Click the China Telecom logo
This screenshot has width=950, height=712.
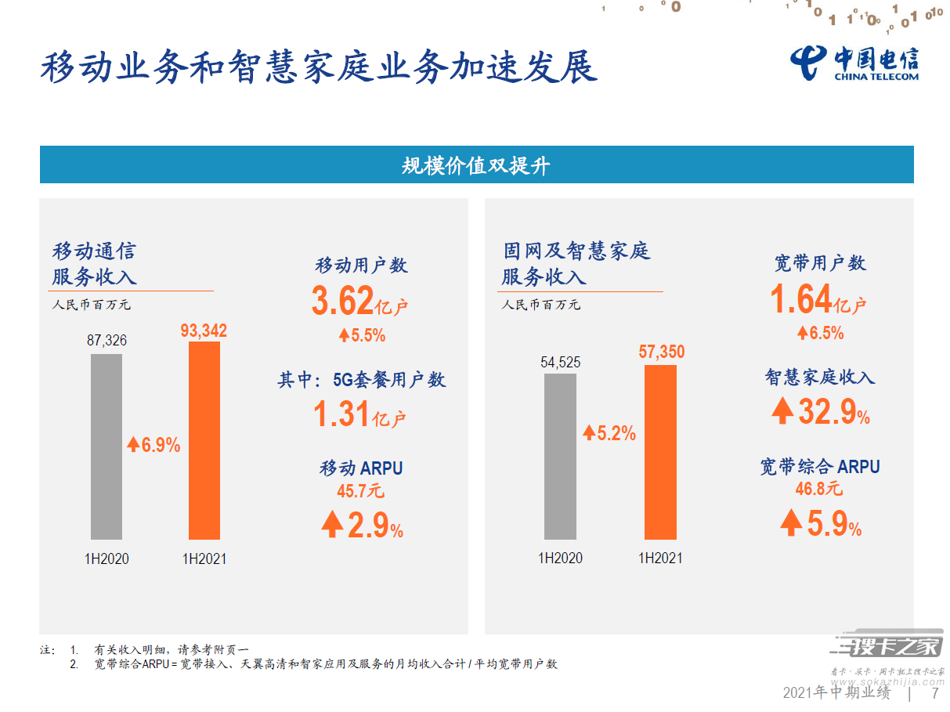click(x=854, y=64)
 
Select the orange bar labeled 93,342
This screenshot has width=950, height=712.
click(x=204, y=440)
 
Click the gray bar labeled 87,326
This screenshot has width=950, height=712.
click(x=106, y=446)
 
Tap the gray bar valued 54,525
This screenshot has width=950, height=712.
click(x=560, y=456)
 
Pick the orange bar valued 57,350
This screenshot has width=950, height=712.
click(x=660, y=452)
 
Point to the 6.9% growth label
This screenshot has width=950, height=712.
click(x=154, y=445)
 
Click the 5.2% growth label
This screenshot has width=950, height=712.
click(x=609, y=432)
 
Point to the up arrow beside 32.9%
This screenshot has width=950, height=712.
click(x=782, y=410)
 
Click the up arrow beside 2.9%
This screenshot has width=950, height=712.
click(x=332, y=524)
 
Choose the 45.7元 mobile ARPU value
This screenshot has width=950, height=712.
click(x=360, y=491)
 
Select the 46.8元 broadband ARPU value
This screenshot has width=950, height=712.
click(x=819, y=489)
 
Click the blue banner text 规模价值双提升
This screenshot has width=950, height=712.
click(x=476, y=165)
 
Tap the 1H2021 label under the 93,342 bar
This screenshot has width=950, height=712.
click(x=204, y=558)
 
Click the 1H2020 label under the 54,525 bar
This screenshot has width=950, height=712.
click(x=560, y=558)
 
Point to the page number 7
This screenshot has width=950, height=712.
click(x=935, y=693)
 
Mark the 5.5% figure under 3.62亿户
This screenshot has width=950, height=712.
click(x=363, y=335)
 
